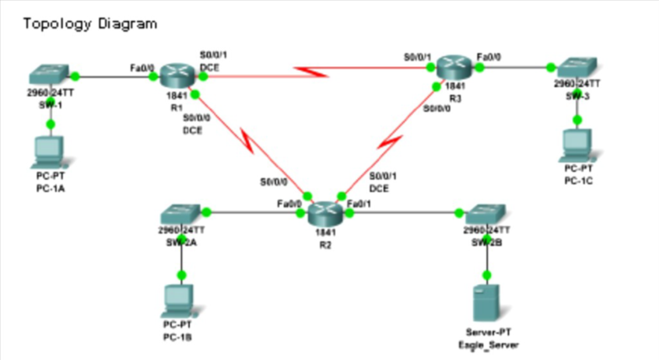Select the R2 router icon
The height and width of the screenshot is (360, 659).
(324, 211)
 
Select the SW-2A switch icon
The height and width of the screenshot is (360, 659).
(181, 213)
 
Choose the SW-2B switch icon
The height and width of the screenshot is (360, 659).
(486, 213)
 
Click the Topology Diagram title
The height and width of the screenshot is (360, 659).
(90, 23)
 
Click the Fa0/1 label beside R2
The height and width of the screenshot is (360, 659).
(359, 203)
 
